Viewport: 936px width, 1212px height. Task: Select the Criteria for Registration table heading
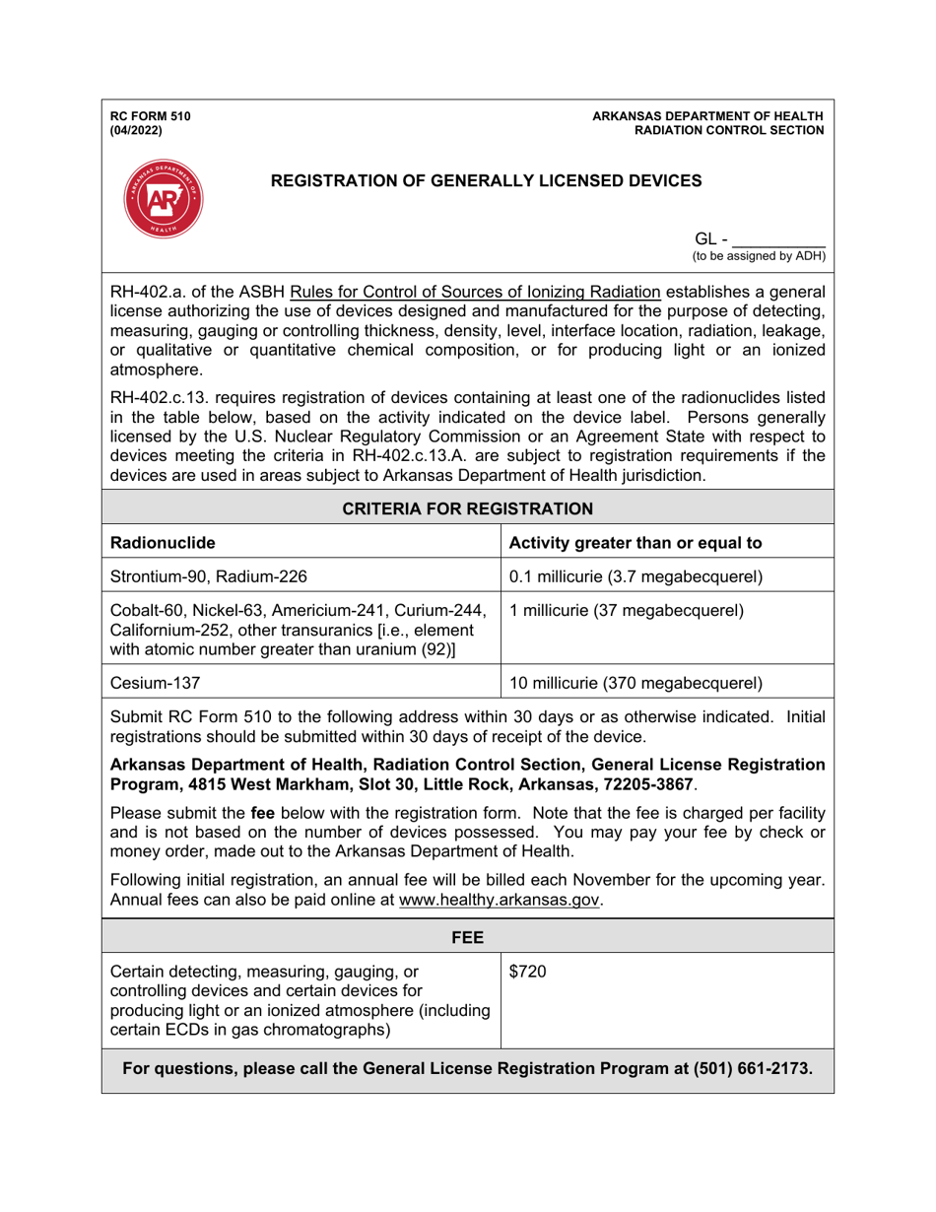coord(467,508)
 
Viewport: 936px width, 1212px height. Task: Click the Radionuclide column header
coord(160,541)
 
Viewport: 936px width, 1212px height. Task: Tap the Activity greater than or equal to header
coord(635,541)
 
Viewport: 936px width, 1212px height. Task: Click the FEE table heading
coord(467,933)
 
